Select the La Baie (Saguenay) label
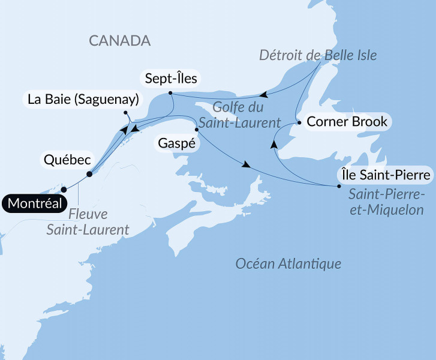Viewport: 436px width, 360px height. pos(83,99)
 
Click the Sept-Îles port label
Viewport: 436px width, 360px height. pos(170,79)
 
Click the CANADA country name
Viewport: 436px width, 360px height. pos(119,41)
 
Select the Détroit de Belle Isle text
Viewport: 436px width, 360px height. pos(318,56)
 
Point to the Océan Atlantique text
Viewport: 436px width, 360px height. pos(288,263)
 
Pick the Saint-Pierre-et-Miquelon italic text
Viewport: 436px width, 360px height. pos(386,202)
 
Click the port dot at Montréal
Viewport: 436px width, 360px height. pos(64,190)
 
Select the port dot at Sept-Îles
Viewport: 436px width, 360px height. pos(171,93)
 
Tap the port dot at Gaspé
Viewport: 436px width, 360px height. pos(197,129)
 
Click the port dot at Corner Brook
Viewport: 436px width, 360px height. pos(299,122)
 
